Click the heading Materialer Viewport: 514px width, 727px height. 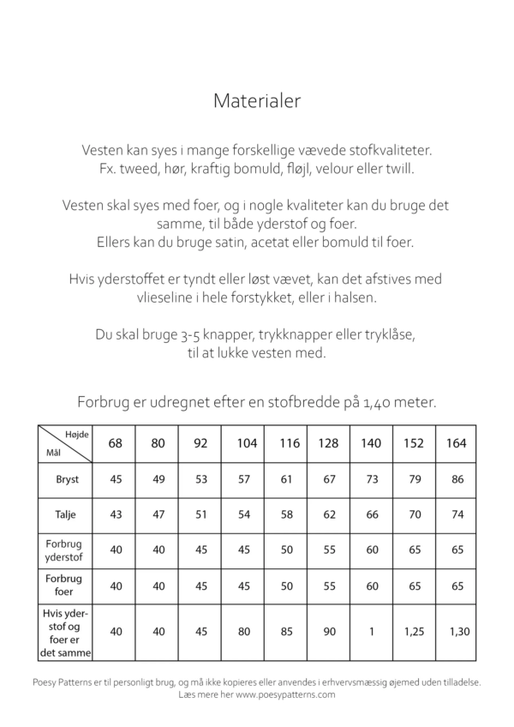(257, 102)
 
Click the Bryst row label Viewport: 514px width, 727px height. (65, 479)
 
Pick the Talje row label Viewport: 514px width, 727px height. (65, 515)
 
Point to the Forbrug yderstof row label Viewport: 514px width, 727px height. (65, 551)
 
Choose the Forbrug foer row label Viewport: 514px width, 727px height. (65, 586)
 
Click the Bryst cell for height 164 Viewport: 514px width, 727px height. (456, 479)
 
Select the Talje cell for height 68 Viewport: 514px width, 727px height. (117, 515)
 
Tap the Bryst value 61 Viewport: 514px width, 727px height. (286, 479)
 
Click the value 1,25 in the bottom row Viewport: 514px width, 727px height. (414, 632)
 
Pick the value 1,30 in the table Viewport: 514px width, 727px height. (456, 632)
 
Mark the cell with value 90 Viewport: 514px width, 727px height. (329, 632)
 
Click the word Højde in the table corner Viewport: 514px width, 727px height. (76, 435)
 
